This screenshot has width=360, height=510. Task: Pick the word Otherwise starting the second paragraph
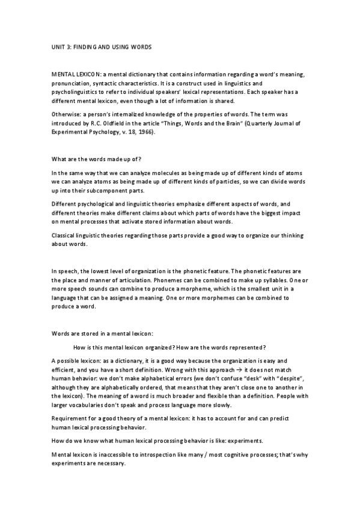point(67,113)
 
